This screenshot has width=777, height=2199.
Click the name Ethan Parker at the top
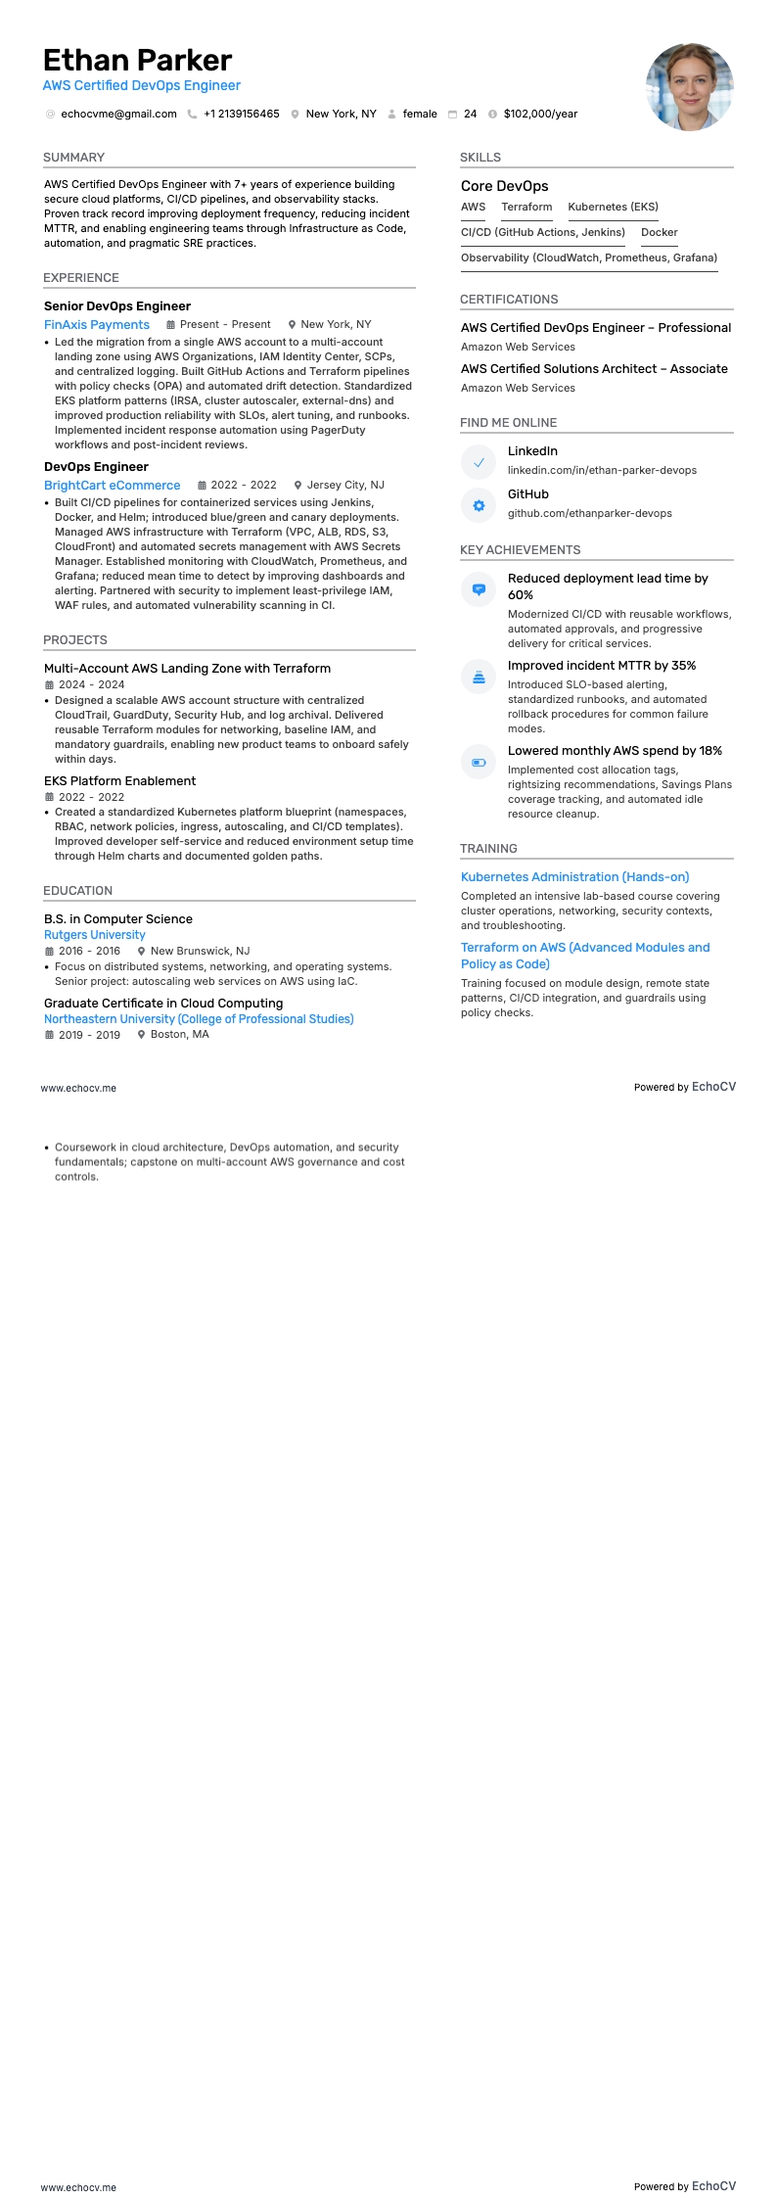click(137, 61)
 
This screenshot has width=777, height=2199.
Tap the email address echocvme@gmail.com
click(118, 115)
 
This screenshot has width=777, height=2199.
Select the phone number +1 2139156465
click(241, 115)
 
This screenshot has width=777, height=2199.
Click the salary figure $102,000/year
click(540, 115)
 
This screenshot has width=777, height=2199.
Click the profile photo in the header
click(689, 86)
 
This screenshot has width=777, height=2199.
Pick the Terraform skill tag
click(526, 208)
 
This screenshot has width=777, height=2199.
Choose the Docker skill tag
click(659, 233)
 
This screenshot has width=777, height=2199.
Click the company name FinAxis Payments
click(97, 325)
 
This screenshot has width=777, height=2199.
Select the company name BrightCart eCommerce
click(112, 486)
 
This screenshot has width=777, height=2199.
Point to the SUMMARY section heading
click(73, 158)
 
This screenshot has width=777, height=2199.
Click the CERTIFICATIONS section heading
click(509, 300)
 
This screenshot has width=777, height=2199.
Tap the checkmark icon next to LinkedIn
click(479, 462)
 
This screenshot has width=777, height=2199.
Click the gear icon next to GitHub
click(479, 506)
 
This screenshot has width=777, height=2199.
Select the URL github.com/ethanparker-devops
click(589, 514)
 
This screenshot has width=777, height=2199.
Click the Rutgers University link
click(94, 935)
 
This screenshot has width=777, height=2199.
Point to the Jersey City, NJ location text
click(345, 486)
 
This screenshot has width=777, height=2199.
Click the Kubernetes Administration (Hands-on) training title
click(574, 877)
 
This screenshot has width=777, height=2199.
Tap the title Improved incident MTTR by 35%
click(601, 666)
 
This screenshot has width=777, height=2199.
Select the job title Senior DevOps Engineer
click(116, 306)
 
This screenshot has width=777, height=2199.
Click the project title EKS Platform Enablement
click(119, 781)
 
